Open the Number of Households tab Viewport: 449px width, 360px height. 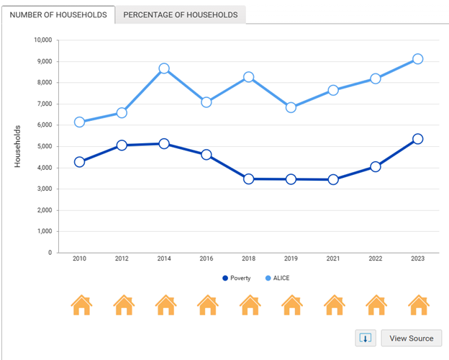tap(58, 15)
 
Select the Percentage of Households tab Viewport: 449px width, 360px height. tap(181, 15)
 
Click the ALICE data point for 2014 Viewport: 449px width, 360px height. tap(164, 68)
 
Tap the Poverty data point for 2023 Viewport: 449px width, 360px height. tap(417, 139)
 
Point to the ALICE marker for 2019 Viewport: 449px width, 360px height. tap(291, 107)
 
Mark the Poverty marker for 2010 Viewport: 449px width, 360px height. tap(79, 162)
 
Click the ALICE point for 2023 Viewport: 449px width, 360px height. tap(417, 59)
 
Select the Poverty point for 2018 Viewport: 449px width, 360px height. tap(249, 179)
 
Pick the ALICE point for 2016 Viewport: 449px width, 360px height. tap(207, 102)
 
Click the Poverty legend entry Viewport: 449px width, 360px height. tap(237, 278)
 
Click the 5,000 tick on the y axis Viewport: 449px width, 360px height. tap(45, 146)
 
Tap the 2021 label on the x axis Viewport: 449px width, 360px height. tap(333, 258)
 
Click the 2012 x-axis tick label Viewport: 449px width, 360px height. tap(122, 258)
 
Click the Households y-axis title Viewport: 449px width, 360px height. tap(18, 146)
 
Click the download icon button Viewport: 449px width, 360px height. tap(366, 338)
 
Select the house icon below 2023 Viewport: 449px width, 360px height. tap(419, 305)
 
